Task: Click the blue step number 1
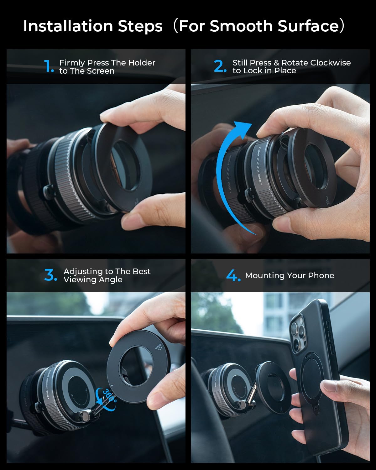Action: click(x=48, y=66)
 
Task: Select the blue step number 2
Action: click(x=219, y=66)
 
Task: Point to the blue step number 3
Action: click(x=50, y=275)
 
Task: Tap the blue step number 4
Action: click(x=233, y=275)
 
